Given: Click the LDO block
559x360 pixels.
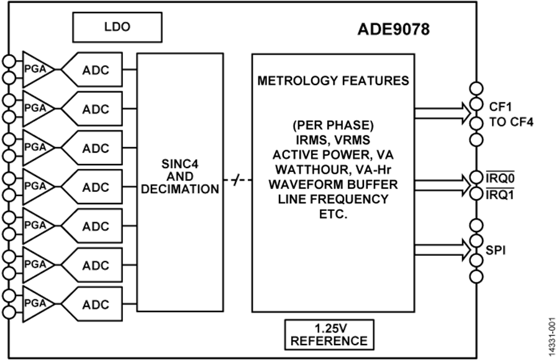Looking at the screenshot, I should coord(117,29).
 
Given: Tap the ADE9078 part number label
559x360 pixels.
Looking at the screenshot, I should coord(394,29).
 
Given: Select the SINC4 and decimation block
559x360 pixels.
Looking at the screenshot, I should coord(180,181).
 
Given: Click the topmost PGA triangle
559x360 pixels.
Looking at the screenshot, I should coord(34,70).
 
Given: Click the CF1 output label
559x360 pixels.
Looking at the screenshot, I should coord(501,106).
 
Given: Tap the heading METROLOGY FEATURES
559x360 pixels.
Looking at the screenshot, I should coord(333,81).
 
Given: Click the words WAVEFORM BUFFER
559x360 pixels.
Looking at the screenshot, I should coord(333,185).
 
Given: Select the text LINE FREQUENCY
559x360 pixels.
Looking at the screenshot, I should coord(333,199).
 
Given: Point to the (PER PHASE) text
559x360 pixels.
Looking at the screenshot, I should coord(333,126).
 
